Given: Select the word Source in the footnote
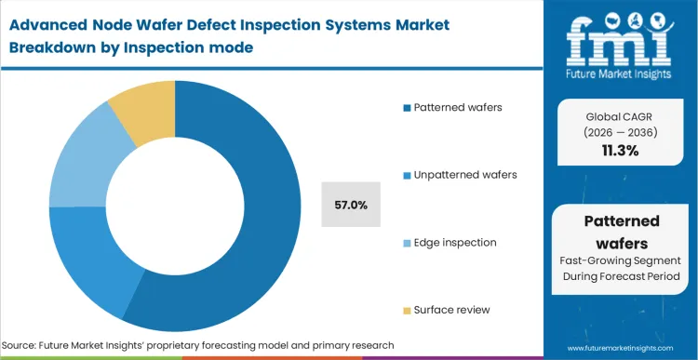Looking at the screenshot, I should click(29, 345).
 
